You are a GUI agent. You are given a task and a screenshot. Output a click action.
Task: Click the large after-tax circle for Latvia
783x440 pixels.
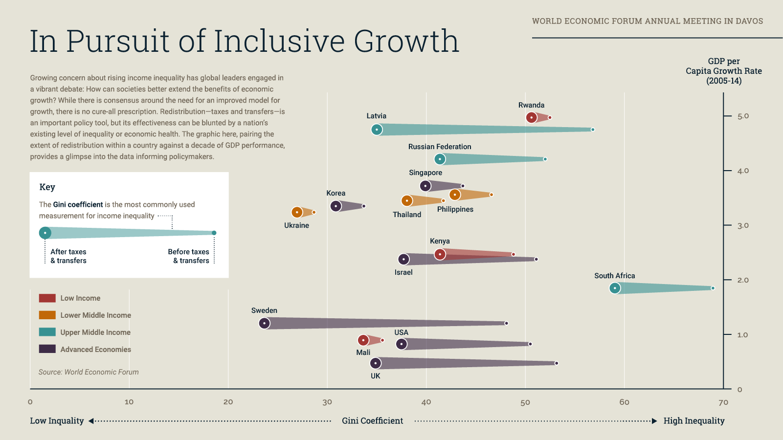point(377,130)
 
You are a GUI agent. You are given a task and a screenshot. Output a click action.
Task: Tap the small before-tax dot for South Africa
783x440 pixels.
point(713,288)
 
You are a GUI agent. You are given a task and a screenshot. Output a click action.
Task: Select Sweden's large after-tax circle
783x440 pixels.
point(264,323)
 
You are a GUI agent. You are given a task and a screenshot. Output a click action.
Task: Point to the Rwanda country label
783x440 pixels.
point(531,105)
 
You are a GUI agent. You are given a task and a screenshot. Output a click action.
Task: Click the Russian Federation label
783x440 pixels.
point(440,147)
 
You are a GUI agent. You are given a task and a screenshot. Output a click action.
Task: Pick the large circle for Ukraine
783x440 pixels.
point(297,212)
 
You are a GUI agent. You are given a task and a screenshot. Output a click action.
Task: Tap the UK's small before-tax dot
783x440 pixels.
point(557,363)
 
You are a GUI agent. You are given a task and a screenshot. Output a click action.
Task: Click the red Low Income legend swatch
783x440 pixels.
point(47,298)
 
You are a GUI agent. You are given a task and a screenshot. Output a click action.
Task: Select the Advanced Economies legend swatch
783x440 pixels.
point(47,349)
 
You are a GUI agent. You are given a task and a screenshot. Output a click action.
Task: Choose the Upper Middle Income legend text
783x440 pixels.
point(95,332)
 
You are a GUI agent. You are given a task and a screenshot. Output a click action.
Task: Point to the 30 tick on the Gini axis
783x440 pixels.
point(327,402)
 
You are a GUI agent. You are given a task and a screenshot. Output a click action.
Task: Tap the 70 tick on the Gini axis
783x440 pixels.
point(723,402)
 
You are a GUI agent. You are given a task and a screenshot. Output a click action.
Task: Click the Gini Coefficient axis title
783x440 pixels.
point(372,421)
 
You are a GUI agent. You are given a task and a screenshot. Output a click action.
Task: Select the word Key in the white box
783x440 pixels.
point(47,187)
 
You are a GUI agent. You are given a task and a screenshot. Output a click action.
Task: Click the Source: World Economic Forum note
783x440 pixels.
point(89,372)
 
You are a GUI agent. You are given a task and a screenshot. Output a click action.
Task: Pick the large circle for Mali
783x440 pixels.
point(363,340)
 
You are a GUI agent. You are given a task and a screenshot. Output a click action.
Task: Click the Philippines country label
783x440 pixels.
point(455,209)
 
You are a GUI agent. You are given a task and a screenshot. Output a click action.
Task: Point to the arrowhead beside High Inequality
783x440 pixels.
point(654,421)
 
